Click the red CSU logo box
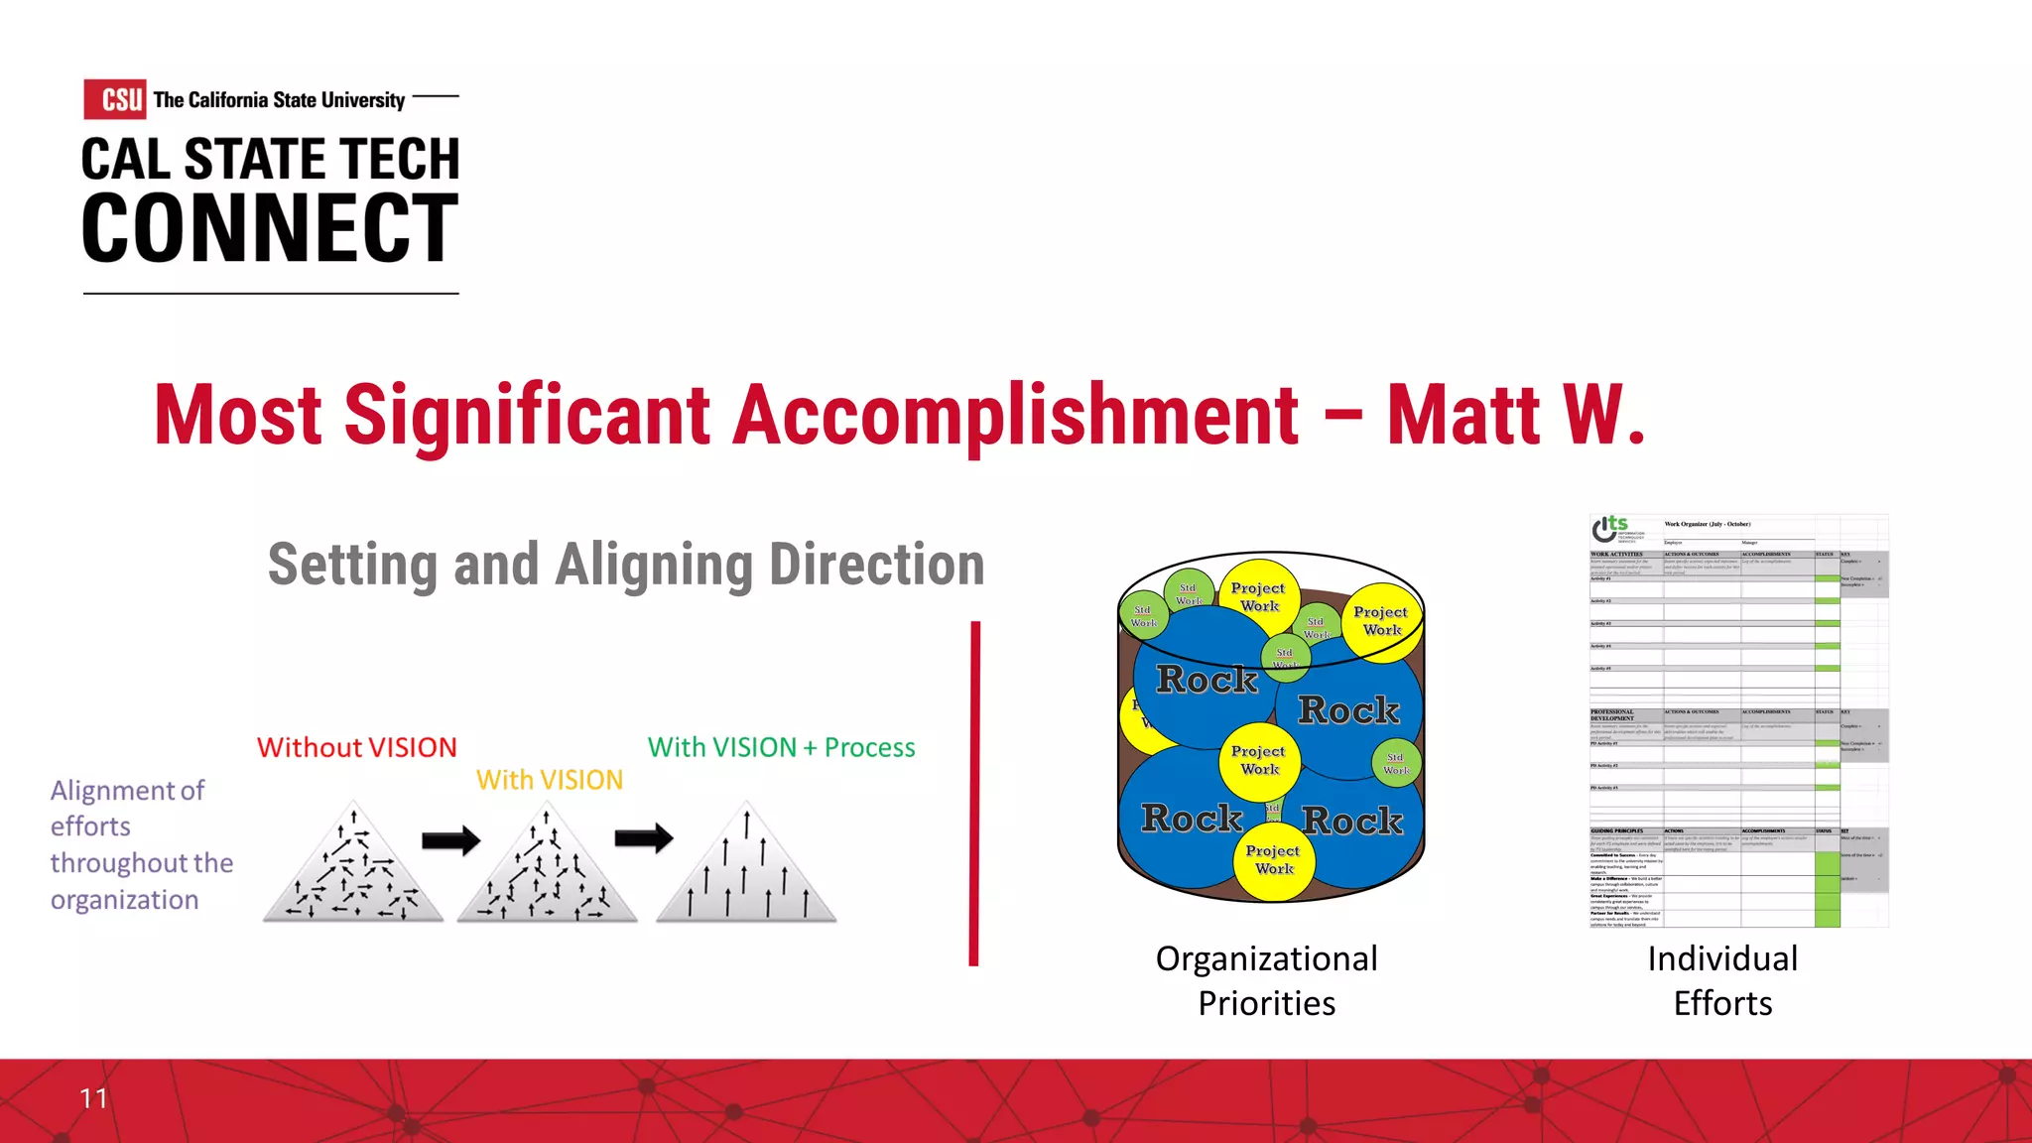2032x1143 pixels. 115,99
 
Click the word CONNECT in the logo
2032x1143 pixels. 270,229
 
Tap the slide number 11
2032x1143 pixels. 93,1098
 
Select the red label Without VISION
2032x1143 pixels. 357,747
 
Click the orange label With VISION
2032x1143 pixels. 550,780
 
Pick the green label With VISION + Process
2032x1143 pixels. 781,747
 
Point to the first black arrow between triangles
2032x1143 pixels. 450,841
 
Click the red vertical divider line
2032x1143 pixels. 975,794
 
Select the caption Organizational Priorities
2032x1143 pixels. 1267,980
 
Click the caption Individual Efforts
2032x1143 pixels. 1722,980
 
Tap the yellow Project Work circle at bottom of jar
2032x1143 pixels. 1273,860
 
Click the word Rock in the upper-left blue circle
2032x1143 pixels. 1206,680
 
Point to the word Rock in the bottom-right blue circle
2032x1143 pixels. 1352,821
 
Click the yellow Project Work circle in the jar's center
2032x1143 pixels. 1258,760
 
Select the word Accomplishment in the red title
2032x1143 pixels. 1016,416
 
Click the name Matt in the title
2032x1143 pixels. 1463,416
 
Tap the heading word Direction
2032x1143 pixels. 877,565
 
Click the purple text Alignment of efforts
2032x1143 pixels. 127,808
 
